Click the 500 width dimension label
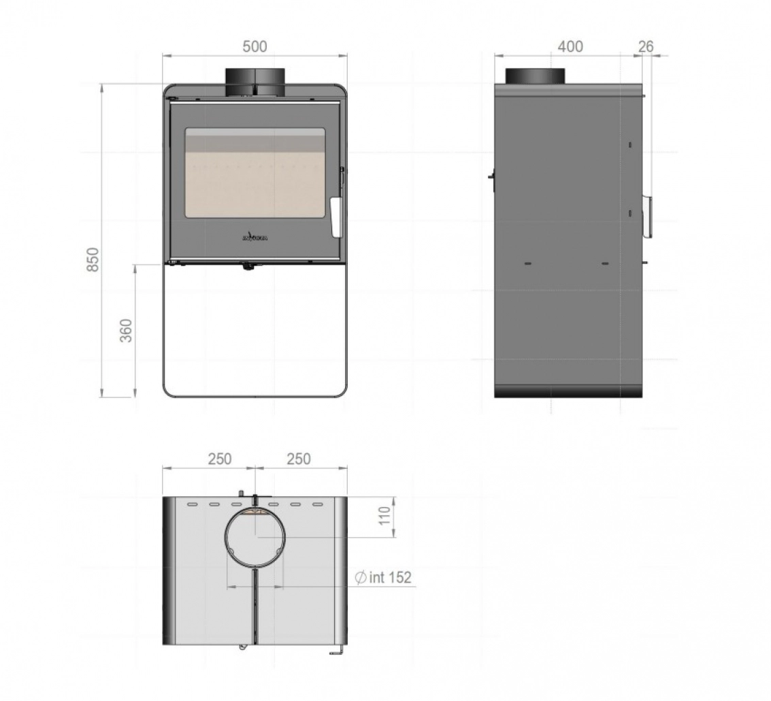click(x=255, y=46)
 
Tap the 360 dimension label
click(x=127, y=330)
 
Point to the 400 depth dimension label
click(x=570, y=46)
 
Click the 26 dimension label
click(x=646, y=46)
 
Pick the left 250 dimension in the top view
click(x=219, y=459)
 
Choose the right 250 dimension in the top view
click(x=298, y=459)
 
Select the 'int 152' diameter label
click(x=390, y=578)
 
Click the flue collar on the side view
click(x=534, y=76)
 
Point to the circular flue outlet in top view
click(x=255, y=537)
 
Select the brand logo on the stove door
click(x=255, y=238)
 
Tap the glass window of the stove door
click(x=255, y=173)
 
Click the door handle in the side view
click(x=649, y=216)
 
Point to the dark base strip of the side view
click(x=568, y=390)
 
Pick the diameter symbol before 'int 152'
click(x=361, y=578)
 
